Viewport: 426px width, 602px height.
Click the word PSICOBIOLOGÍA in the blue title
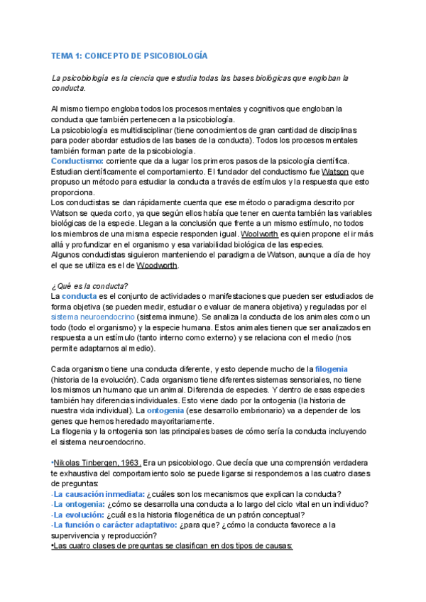point(175,55)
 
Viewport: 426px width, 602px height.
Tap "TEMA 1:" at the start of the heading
point(67,55)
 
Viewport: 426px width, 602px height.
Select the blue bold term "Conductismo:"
point(77,161)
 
